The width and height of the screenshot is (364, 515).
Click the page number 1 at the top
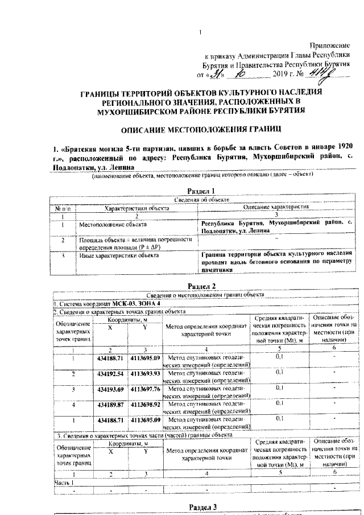[x=200, y=32]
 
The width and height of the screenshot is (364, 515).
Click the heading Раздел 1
[x=201, y=191]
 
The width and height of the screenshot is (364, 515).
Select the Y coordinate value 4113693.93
[x=146, y=374]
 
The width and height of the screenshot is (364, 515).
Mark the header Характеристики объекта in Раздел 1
[x=133, y=208]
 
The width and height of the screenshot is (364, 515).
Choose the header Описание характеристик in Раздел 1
[x=276, y=208]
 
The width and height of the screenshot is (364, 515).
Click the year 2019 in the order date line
[x=282, y=74]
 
